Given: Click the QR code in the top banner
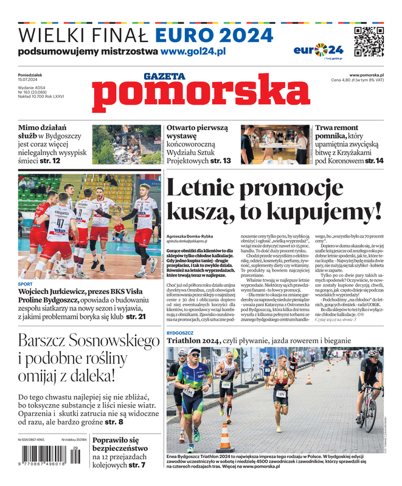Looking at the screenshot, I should pyautogui.click(x=368, y=42).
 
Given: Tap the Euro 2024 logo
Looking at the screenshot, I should pyautogui.click(x=318, y=50).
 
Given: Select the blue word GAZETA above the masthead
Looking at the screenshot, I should pyautogui.click(x=164, y=77).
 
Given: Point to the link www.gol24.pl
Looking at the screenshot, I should pyautogui.click(x=193, y=52).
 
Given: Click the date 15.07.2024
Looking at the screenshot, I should pyautogui.click(x=29, y=80).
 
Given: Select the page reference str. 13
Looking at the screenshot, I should pyautogui.click(x=220, y=161).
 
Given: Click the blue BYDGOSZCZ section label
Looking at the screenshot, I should pyautogui.click(x=180, y=334).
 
